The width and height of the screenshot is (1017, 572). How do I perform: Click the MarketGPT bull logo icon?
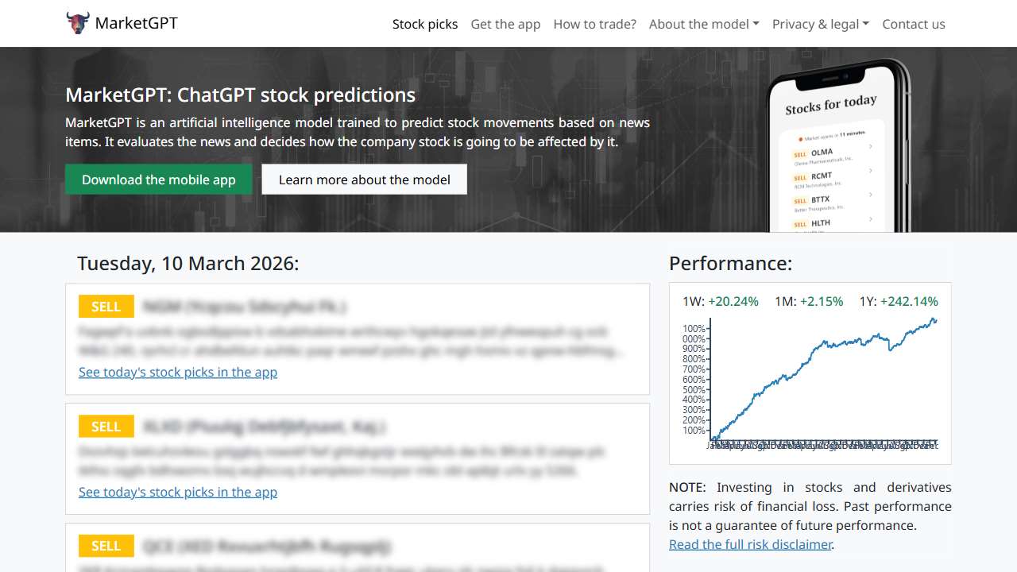[78, 23]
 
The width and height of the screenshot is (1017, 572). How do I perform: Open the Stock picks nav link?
[425, 24]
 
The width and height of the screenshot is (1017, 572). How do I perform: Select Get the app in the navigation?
[505, 24]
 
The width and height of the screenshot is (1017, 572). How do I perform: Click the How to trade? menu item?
[594, 24]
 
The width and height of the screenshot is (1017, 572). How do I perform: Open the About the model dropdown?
[704, 24]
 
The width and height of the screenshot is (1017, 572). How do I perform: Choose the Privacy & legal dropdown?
[820, 24]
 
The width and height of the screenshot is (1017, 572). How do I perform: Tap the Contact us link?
[914, 24]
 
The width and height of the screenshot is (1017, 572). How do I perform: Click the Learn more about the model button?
[364, 180]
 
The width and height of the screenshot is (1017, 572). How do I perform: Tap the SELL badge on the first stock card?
[106, 307]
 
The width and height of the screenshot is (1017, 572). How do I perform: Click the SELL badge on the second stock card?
[106, 427]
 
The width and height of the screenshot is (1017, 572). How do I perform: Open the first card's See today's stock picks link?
[178, 372]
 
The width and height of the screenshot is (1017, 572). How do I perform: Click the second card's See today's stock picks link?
[178, 492]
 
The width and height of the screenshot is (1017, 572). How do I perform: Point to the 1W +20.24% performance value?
[733, 302]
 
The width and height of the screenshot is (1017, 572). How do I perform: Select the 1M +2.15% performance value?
[821, 302]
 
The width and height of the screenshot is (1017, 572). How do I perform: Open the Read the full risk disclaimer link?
[750, 544]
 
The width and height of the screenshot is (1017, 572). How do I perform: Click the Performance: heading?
[730, 264]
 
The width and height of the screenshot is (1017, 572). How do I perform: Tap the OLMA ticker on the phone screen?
[822, 152]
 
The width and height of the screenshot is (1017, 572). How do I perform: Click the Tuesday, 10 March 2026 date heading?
[188, 264]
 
